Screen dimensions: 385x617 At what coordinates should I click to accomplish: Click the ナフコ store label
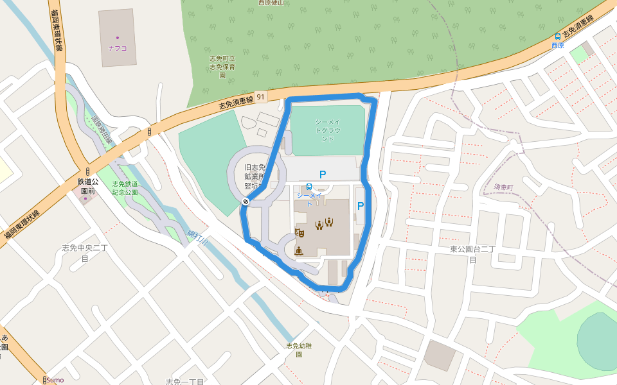pos(117,47)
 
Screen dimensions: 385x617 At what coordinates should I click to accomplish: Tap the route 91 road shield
pos(260,97)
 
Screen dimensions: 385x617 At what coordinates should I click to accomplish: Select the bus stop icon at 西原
pos(557,37)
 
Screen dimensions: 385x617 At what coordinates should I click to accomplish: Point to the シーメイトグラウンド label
pos(328,130)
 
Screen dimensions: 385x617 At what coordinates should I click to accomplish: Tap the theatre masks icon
pos(299,232)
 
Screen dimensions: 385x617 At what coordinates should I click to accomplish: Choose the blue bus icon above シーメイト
pos(309,186)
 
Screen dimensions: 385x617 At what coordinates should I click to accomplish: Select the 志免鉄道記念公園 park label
pos(125,188)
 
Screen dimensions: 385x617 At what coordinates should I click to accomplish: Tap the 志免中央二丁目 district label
pos(84,253)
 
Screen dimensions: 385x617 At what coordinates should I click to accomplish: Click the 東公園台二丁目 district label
pos(472,253)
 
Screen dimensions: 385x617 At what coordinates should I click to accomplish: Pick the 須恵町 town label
pos(504,187)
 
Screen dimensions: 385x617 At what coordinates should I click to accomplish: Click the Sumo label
pos(55,380)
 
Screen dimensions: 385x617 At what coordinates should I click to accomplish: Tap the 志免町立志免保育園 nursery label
pos(222,67)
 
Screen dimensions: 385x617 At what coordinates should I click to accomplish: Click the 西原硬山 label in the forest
pos(271,3)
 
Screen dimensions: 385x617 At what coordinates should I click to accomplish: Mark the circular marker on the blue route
pos(246,203)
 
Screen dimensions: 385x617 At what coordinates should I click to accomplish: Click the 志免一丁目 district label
pos(184,381)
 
